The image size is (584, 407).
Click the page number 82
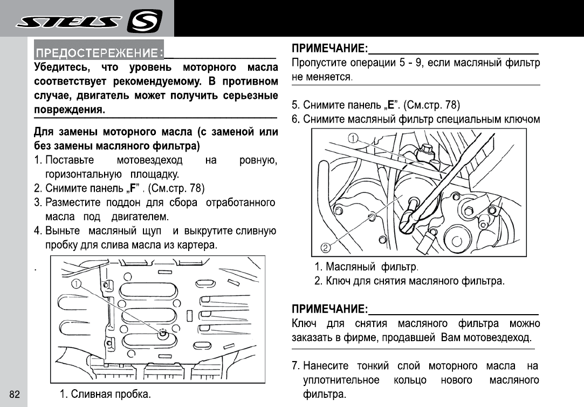coord(15,395)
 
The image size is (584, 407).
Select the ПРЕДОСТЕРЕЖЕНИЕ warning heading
coord(99,53)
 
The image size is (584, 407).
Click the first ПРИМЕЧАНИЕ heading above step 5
coord(329,49)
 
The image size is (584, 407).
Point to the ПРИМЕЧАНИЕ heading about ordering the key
coord(329,310)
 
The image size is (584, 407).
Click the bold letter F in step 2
coord(133,189)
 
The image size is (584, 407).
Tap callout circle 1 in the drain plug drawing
coord(77,284)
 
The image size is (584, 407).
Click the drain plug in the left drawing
coord(162,332)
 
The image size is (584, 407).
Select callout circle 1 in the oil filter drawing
coord(353,139)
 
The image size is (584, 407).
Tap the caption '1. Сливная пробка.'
coord(105,394)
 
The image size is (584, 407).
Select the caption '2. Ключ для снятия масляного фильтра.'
coord(410,281)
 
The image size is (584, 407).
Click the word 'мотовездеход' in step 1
coord(149,161)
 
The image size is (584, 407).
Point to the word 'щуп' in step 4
coord(152,231)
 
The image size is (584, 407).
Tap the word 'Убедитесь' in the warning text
coord(58,68)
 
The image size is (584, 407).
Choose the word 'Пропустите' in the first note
coord(317,63)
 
